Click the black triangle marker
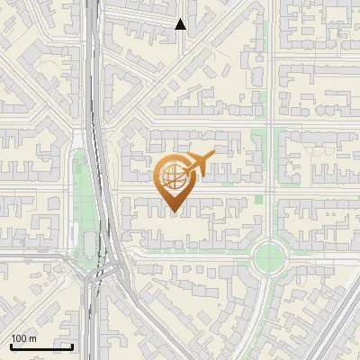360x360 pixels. (181, 24)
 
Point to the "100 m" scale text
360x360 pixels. (23, 338)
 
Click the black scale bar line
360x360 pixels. (41, 346)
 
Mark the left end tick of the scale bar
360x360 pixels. (11, 346)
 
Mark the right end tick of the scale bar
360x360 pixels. (72, 346)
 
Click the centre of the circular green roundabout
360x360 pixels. (269, 257)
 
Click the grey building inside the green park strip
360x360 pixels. (89, 244)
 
